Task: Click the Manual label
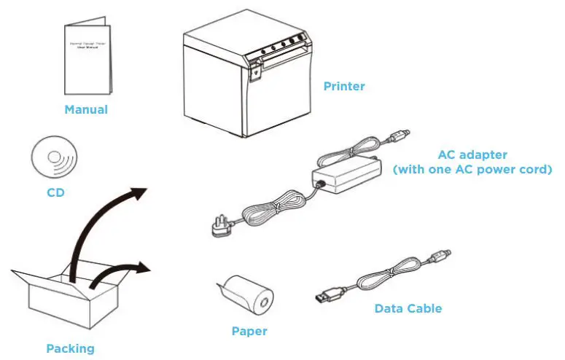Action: [x=86, y=110]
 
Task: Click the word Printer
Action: [x=343, y=86]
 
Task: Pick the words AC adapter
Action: [x=472, y=155]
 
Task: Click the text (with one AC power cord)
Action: [x=472, y=170]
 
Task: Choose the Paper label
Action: [x=249, y=332]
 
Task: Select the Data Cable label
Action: [x=408, y=308]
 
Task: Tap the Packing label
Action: [x=70, y=348]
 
